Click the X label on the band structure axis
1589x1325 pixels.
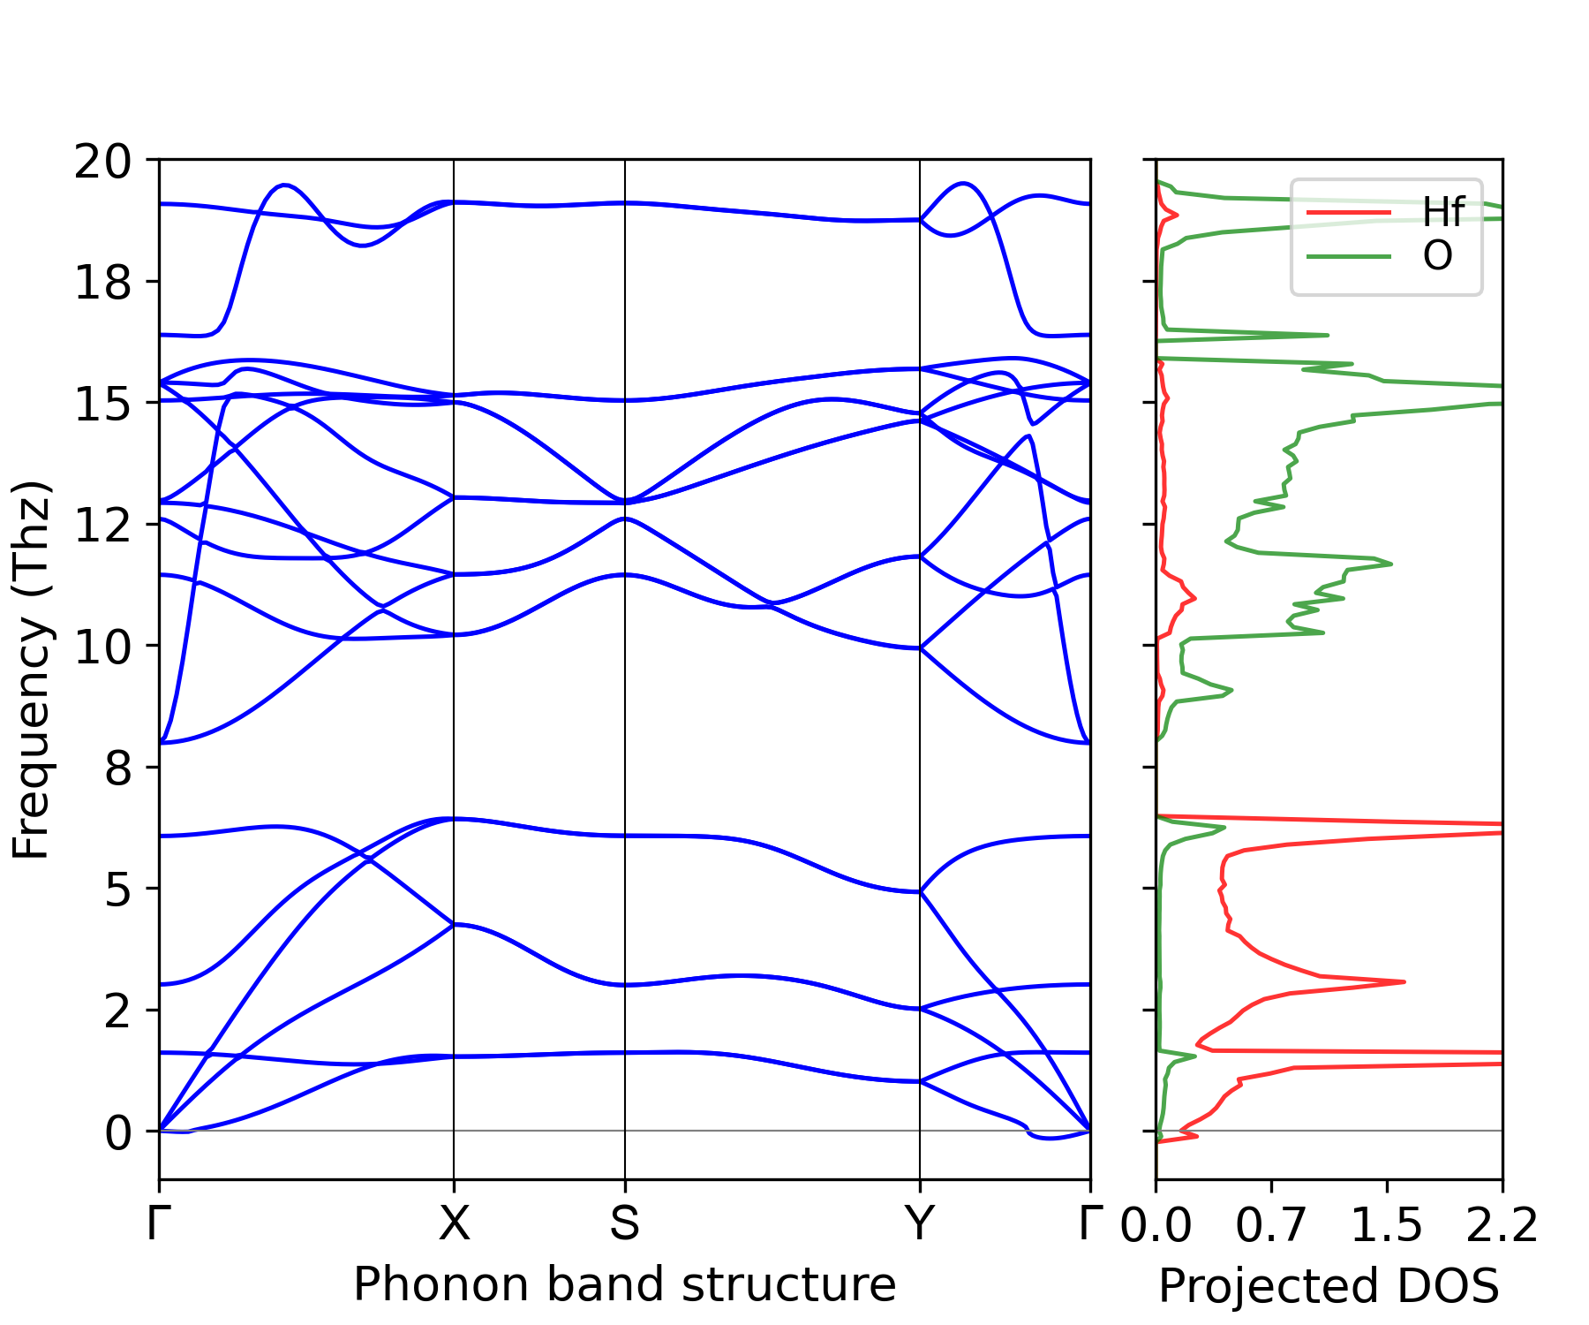(454, 1224)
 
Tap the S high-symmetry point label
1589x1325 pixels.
(625, 1224)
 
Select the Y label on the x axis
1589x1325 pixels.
(920, 1224)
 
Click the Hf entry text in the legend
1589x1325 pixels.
(1443, 213)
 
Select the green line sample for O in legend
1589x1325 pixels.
(1348, 257)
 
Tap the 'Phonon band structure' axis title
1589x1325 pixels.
(625, 1284)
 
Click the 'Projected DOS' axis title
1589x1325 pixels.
(1329, 1286)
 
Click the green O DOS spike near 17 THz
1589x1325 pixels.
(1326, 335)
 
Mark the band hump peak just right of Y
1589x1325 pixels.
(964, 184)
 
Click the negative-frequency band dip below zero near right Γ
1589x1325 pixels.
(1048, 1138)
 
